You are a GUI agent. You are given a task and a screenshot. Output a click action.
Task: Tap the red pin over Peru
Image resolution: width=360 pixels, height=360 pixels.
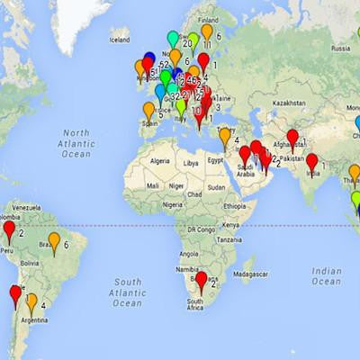pyautogui.click(x=9, y=230)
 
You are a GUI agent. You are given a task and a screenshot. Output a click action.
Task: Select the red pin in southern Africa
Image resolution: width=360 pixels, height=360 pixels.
pyautogui.click(x=202, y=280)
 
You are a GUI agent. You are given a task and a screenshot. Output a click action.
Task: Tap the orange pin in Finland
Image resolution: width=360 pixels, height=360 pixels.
pyautogui.click(x=207, y=32)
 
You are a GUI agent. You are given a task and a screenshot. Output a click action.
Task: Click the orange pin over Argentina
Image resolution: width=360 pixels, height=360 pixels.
pyautogui.click(x=31, y=301)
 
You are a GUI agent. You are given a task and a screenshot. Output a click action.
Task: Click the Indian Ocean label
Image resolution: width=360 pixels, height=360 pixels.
pyautogui.click(x=327, y=276)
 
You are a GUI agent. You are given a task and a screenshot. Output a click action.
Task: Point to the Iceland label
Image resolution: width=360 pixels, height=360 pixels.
pyautogui.click(x=120, y=40)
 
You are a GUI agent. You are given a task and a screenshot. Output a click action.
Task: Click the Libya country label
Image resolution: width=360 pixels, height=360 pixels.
pyautogui.click(x=190, y=165)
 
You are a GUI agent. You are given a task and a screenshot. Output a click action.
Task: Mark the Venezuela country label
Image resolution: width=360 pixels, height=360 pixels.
pyautogui.click(x=25, y=206)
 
